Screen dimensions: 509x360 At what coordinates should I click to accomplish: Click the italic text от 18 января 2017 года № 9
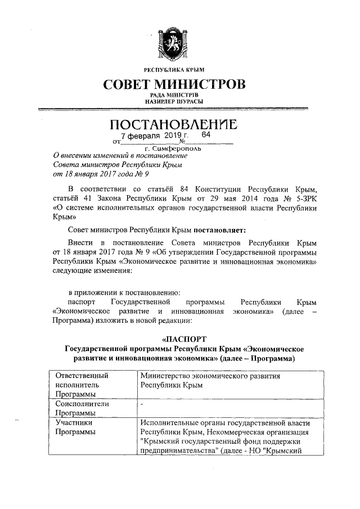(x=99, y=174)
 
